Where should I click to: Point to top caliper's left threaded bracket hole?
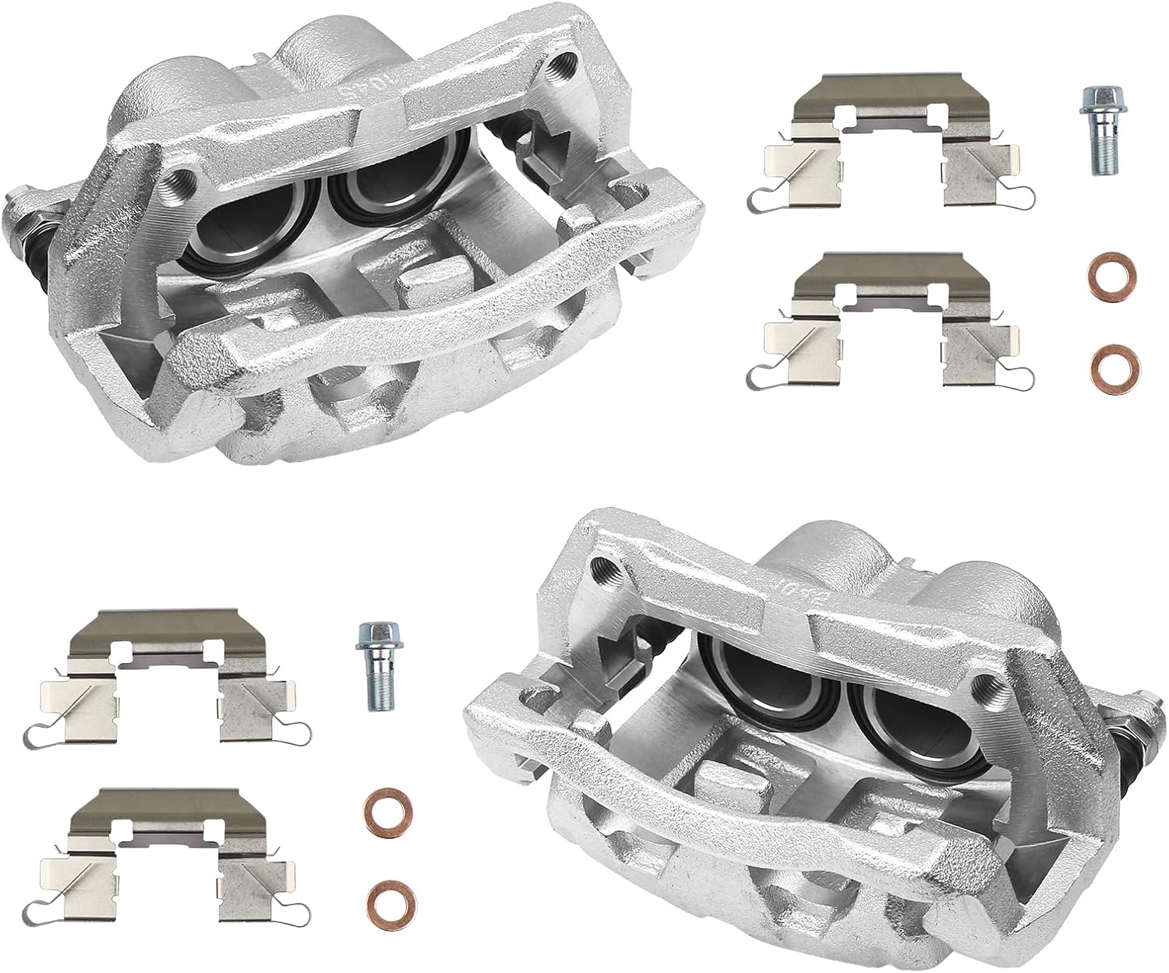[183, 181]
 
